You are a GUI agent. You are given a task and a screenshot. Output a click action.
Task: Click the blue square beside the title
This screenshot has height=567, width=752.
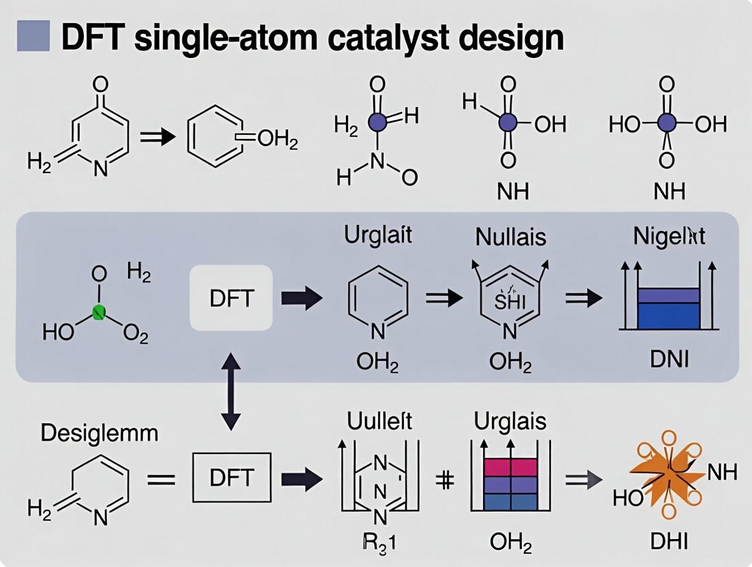(33, 35)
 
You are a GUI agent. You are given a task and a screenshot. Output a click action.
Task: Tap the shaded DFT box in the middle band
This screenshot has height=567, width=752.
(230, 297)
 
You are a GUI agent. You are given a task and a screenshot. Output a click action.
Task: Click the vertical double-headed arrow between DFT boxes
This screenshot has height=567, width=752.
(232, 390)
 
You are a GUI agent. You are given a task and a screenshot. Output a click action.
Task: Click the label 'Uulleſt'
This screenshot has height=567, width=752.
(379, 421)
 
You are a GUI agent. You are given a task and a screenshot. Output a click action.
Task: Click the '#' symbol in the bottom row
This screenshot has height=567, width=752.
(444, 480)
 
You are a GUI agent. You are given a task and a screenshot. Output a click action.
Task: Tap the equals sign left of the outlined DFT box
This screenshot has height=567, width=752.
(161, 479)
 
